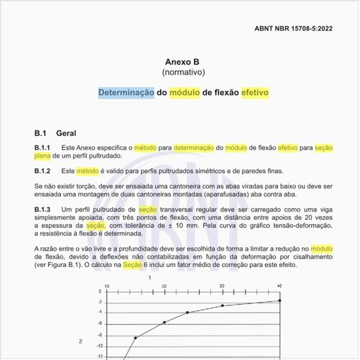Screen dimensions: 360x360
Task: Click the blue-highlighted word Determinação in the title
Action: click(x=126, y=93)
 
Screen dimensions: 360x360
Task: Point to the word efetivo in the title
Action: click(x=255, y=93)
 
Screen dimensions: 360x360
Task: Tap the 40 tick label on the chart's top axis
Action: click(x=279, y=287)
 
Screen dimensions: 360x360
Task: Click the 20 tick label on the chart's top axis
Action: click(x=164, y=287)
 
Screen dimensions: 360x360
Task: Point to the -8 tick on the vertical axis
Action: click(x=99, y=336)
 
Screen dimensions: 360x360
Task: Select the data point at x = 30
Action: click(x=222, y=306)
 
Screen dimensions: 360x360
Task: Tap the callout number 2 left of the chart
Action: click(x=81, y=341)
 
